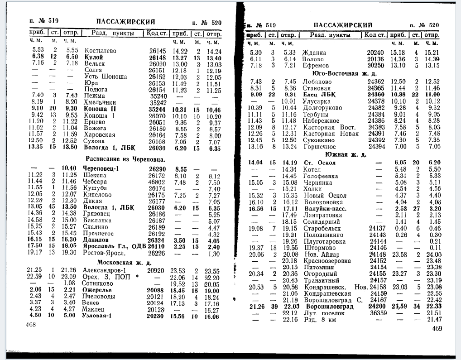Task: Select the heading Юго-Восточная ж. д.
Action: tap(343, 73)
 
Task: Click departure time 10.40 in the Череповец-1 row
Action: tap(69, 168)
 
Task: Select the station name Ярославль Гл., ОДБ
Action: tap(115, 246)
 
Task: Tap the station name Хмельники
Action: tap(101, 102)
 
